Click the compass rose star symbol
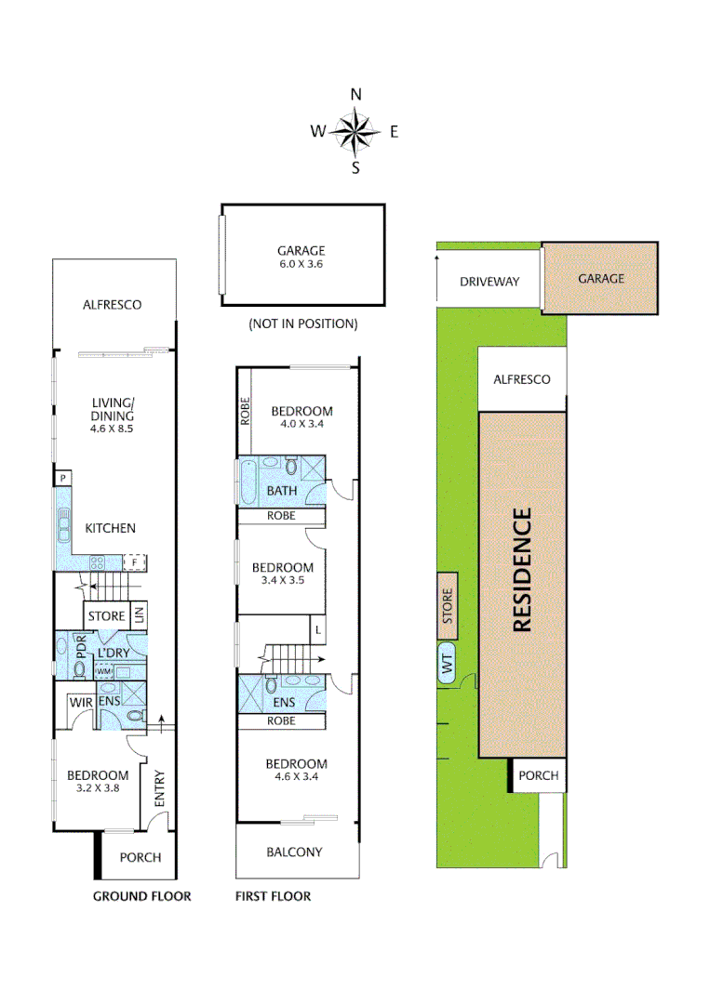355,131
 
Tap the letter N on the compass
355,95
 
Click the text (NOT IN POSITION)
302,324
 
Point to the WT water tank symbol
447,665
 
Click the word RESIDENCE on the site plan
522,570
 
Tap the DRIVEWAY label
489,282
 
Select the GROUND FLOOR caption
141,896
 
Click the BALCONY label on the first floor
294,852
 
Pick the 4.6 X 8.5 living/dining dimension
113,430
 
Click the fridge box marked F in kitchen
135,562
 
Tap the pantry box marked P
62,478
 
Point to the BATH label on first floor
282,490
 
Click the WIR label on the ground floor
80,703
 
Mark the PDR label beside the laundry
80,649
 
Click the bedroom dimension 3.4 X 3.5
282,580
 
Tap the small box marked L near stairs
318,629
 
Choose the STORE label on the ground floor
106,615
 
